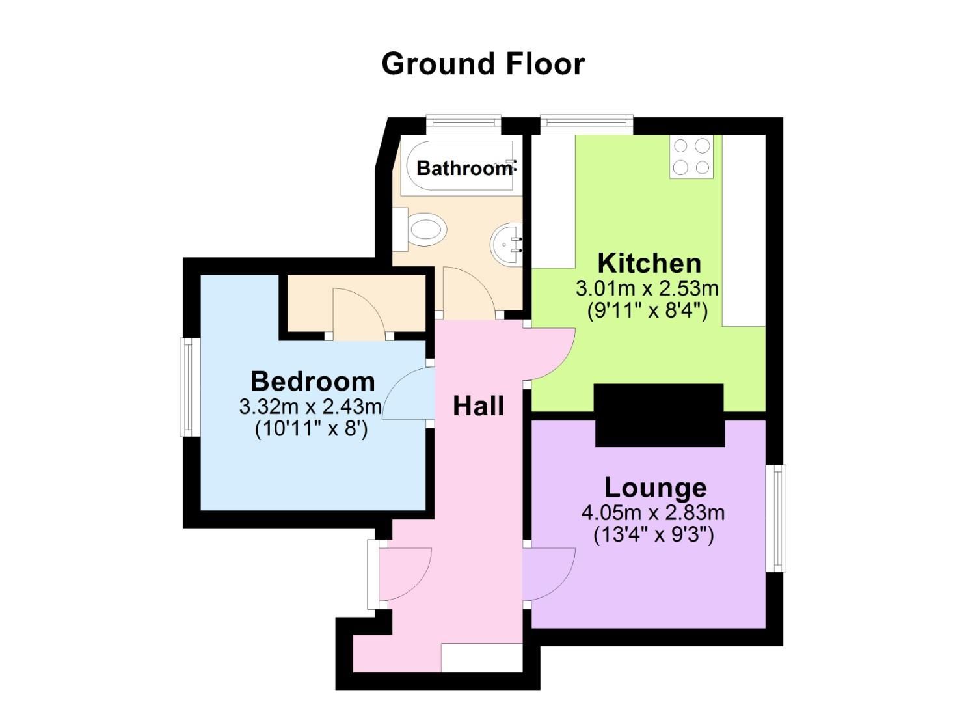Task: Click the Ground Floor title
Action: (x=483, y=64)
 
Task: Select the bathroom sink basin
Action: (x=507, y=243)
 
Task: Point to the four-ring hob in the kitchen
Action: (x=691, y=157)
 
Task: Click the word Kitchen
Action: (x=649, y=264)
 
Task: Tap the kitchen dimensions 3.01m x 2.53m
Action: (x=647, y=288)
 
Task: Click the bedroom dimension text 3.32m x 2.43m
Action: (x=310, y=407)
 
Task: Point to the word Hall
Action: (x=478, y=406)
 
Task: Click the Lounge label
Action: (x=655, y=488)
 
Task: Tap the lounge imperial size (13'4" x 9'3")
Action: (x=653, y=535)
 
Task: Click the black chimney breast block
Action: (x=659, y=415)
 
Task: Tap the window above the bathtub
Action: (x=463, y=122)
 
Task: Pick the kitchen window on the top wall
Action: (x=586, y=122)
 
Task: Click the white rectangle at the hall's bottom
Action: (x=481, y=657)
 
